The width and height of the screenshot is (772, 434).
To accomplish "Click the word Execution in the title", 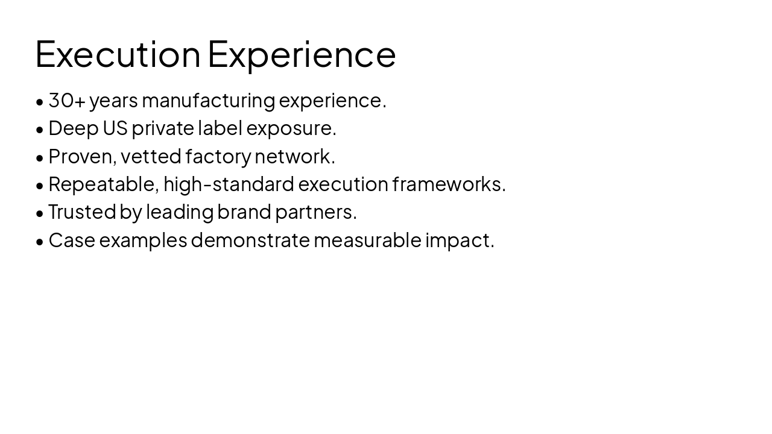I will pos(118,54).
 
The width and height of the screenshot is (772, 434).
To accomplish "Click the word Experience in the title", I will pos(302,54).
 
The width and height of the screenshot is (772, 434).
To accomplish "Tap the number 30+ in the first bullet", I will pos(67,101).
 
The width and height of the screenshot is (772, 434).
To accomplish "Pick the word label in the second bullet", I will pos(220,128).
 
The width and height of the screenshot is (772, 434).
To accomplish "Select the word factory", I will pos(218,157).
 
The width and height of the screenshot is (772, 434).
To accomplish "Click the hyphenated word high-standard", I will pos(229,184).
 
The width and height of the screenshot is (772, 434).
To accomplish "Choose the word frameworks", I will pos(449,184).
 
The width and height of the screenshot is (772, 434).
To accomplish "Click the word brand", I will pos(244,212).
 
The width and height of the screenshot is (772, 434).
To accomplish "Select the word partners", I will pos(315,212).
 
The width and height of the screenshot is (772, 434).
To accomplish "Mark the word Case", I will pos(72,241).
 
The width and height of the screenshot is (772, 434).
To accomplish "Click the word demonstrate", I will pos(250,241).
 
